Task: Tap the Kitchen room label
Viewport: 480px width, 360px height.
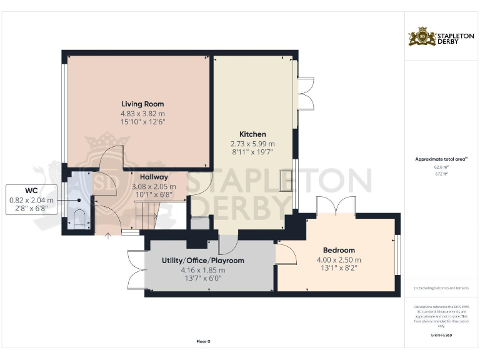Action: click(252, 134)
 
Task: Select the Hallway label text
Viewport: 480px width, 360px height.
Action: click(154, 177)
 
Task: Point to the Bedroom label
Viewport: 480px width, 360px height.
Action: click(339, 250)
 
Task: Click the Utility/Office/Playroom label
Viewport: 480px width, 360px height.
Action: click(202, 260)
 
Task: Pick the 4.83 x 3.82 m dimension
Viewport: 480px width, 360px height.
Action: click(142, 114)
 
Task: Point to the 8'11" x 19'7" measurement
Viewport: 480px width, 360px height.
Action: click(252, 152)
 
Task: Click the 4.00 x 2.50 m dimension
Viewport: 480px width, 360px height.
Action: click(339, 260)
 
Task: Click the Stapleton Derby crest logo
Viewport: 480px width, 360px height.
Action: click(422, 37)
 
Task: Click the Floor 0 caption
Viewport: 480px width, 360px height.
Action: click(203, 341)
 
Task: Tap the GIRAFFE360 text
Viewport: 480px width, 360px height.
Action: click(441, 336)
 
